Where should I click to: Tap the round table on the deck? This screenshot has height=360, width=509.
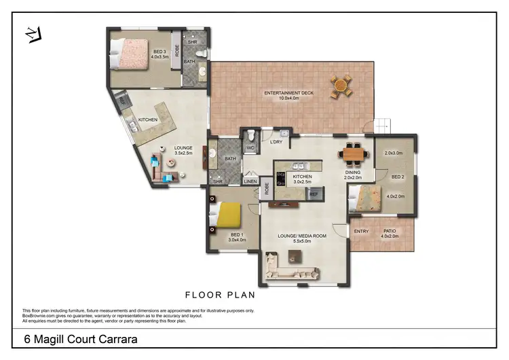341,86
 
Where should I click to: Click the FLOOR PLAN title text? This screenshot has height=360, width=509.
220,295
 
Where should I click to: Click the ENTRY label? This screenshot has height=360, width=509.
361,232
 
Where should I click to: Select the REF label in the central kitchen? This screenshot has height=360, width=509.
314,194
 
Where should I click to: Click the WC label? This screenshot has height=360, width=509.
250,147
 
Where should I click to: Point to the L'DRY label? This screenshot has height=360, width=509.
276,141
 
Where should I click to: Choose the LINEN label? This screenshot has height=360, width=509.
250,181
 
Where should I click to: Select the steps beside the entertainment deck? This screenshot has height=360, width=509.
381,125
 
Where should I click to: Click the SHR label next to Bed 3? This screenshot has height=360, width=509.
192,41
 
